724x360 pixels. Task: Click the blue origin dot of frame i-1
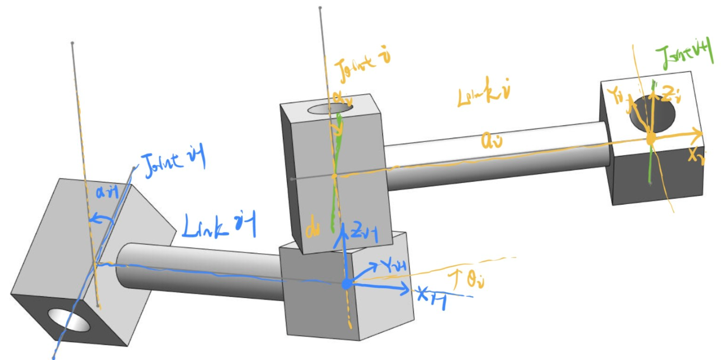(346, 284)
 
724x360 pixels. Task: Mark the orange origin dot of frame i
(651, 139)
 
